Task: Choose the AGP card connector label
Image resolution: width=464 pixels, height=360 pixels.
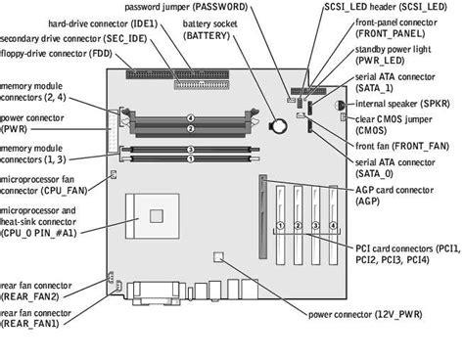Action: click(x=394, y=197)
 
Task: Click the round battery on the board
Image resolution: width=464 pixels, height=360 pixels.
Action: click(x=278, y=124)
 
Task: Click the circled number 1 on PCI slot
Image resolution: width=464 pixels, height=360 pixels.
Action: click(x=281, y=225)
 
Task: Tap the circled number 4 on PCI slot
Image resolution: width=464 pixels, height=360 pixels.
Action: click(x=334, y=225)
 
